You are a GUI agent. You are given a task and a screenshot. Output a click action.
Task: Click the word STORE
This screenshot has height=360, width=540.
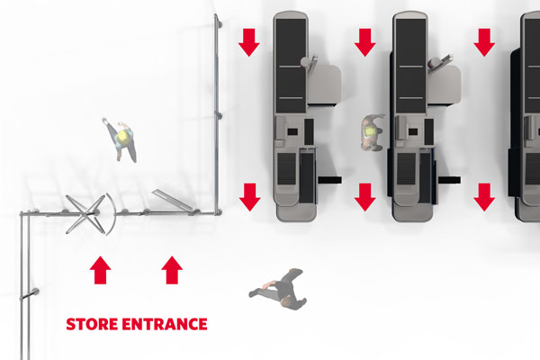point(92,324)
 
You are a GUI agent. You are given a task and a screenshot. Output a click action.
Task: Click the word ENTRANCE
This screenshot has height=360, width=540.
point(165,324)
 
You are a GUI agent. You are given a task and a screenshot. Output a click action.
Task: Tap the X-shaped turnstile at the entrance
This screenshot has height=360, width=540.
point(85,214)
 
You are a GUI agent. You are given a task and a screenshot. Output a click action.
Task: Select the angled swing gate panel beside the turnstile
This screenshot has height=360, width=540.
point(172,199)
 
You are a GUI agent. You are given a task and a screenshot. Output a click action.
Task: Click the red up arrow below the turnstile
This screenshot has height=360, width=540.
point(100,270)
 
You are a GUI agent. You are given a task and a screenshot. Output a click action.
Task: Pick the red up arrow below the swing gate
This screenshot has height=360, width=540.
point(172,270)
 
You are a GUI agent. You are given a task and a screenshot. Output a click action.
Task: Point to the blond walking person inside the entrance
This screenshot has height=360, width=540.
point(121,139)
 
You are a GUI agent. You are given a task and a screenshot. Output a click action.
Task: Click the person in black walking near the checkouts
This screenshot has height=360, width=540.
point(278,290)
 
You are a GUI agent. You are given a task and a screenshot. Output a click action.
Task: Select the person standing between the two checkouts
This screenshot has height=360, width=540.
point(371,132)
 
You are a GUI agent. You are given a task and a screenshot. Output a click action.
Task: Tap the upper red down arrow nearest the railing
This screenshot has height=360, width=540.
point(249,42)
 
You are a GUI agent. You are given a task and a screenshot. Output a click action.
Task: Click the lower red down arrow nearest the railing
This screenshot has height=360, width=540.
point(249,197)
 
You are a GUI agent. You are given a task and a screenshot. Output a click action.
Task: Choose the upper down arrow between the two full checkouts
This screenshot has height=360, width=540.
point(365,42)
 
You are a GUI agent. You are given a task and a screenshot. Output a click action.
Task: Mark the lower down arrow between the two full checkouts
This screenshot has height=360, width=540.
point(365,197)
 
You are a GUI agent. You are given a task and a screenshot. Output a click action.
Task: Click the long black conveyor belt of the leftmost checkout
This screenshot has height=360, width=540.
point(291,66)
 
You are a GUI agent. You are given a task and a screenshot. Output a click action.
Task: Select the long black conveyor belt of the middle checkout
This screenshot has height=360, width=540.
point(411,66)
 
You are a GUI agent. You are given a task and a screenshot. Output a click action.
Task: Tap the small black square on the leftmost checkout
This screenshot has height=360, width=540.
point(292,131)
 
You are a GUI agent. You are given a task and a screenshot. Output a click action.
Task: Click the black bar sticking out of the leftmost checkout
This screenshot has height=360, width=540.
point(329,180)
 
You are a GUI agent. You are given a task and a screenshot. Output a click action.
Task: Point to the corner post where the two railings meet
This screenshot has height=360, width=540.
point(217,211)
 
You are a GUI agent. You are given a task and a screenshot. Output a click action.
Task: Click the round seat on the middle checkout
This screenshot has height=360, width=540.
point(434,63)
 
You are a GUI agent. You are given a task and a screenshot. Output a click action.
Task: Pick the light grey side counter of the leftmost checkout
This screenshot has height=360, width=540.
point(324,85)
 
